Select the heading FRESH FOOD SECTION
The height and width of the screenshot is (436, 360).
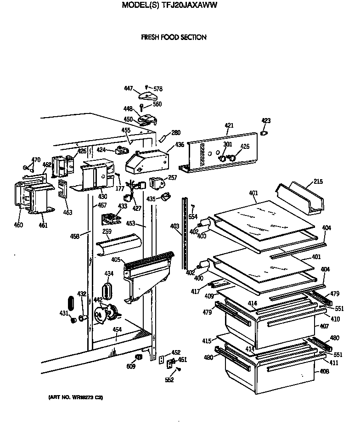(174, 37)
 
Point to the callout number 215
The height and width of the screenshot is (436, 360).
(318, 181)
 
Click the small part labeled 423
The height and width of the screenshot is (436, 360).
(264, 133)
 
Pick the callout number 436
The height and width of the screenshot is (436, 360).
(179, 145)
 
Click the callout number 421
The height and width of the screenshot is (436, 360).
(229, 125)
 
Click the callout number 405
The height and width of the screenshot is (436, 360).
(116, 260)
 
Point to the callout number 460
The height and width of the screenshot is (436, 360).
(18, 225)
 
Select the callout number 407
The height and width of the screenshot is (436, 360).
(324, 327)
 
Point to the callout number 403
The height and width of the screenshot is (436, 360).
(174, 226)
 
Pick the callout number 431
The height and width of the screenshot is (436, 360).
(63, 313)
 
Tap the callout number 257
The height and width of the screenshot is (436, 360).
(172, 177)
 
